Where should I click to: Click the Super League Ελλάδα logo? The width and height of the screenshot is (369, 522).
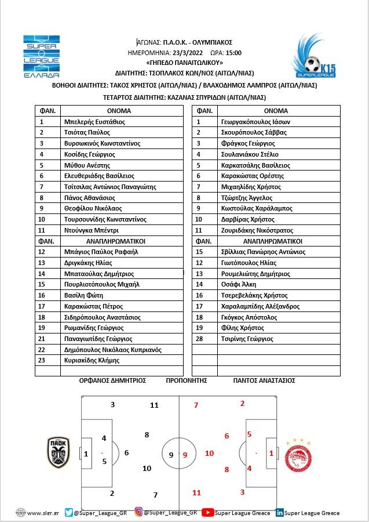click(41, 57)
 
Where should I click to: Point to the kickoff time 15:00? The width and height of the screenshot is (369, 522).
click(233, 52)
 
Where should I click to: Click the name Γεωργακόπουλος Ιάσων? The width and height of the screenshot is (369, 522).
click(255, 122)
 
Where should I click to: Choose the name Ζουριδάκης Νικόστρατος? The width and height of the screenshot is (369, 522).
click(257, 230)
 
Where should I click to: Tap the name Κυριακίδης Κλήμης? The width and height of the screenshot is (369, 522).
click(92, 360)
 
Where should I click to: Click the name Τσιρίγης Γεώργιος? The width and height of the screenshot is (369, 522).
click(247, 339)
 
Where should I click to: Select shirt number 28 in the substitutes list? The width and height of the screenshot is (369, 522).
click(199, 339)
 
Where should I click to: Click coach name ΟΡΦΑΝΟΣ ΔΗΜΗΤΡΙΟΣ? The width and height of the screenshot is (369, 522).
click(112, 380)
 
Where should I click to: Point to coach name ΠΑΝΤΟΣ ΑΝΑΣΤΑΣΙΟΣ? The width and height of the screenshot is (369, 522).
click(264, 380)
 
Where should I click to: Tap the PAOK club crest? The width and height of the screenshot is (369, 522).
click(58, 453)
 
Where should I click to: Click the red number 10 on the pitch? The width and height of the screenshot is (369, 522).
click(209, 453)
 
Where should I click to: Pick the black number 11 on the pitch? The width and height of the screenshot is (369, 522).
click(154, 405)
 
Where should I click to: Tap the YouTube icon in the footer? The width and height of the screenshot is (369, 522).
click(207, 512)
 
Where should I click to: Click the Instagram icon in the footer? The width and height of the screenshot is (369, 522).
click(139, 512)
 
